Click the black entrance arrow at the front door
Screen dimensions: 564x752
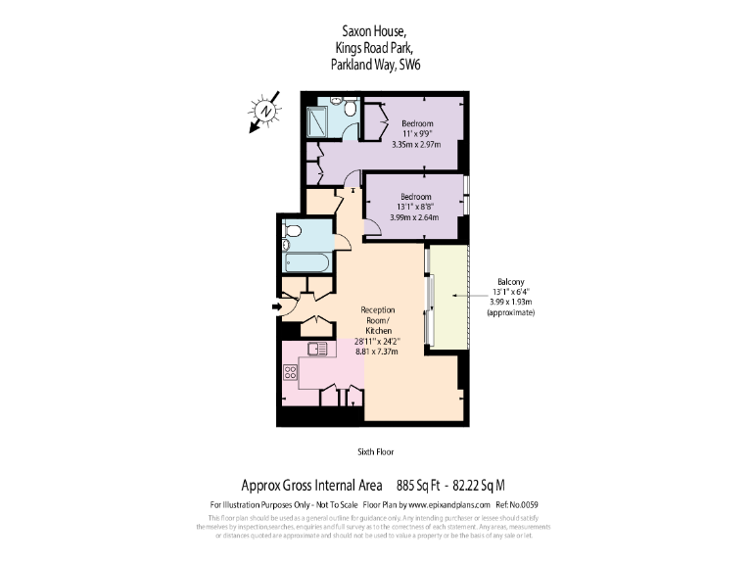(278, 306)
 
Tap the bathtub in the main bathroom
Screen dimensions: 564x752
(306, 263)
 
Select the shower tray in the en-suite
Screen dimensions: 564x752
(318, 121)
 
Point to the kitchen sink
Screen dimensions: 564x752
(317, 349)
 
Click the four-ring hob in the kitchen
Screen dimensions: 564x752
(291, 371)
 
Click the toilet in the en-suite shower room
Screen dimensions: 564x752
(337, 100)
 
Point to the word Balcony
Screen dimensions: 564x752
(512, 281)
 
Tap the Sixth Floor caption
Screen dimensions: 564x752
(376, 451)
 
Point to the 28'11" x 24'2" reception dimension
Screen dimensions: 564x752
(377, 343)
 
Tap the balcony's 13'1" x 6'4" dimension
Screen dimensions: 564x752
(512, 292)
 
